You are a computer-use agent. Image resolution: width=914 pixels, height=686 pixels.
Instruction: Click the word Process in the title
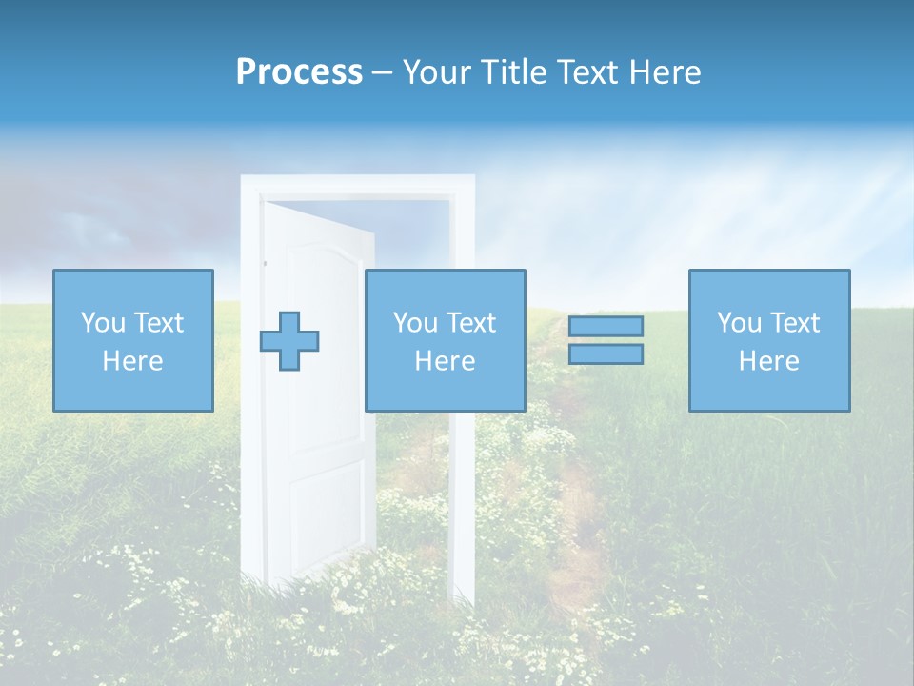coord(299,72)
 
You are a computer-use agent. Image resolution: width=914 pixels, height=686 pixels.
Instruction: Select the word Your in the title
coord(435,72)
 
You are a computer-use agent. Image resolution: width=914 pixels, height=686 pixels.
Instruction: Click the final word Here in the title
coord(666,72)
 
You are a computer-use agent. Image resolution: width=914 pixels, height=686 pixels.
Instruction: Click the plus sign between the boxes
coord(289,341)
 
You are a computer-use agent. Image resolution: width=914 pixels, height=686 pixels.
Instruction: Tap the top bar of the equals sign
coord(606,326)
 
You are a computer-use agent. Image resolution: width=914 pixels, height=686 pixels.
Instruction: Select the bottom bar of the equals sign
coord(606,353)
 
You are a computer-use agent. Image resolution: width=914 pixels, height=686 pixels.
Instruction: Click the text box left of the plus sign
coord(132,340)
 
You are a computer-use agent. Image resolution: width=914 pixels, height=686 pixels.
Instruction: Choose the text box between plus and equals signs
coord(445,340)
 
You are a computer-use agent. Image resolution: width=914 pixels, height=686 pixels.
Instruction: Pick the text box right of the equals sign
coord(769,340)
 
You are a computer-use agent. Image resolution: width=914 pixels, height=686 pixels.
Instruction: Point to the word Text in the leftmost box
coord(158,323)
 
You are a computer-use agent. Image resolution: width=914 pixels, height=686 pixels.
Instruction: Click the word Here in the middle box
coord(445,361)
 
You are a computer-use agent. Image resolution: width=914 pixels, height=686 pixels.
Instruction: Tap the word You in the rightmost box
coord(739,323)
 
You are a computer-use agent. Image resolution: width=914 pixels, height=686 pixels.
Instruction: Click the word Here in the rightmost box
coord(769,361)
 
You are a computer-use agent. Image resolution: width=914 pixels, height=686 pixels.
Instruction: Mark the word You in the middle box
coord(415,323)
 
